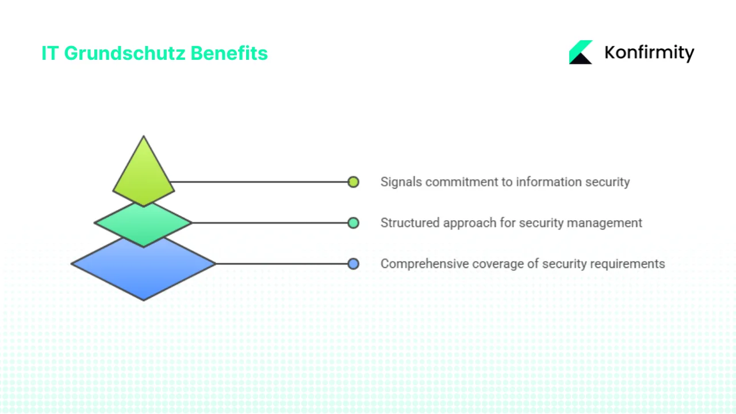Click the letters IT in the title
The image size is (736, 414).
(51, 53)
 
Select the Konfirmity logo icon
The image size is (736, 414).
(581, 52)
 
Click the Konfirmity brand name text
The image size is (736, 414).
(649, 53)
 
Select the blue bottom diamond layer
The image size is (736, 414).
(143, 270)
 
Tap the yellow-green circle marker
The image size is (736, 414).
(353, 182)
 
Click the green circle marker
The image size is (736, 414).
(353, 223)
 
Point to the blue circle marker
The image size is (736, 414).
(353, 264)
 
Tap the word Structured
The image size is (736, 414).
(410, 223)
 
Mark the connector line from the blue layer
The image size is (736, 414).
(282, 264)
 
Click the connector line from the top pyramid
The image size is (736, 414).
(259, 182)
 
